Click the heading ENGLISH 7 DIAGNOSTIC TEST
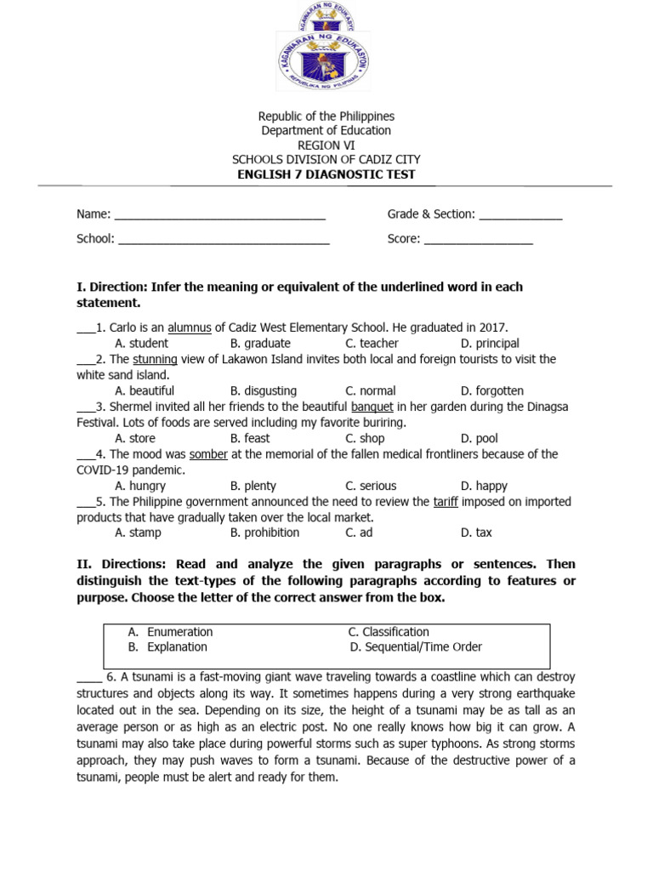326,174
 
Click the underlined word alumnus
189,327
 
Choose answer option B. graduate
260,344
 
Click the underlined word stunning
155,359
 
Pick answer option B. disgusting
264,391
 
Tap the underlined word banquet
372,407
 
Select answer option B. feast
250,439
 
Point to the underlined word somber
208,454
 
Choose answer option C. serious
371,487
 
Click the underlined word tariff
446,502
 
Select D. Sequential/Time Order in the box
415,647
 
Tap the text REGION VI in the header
326,145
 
